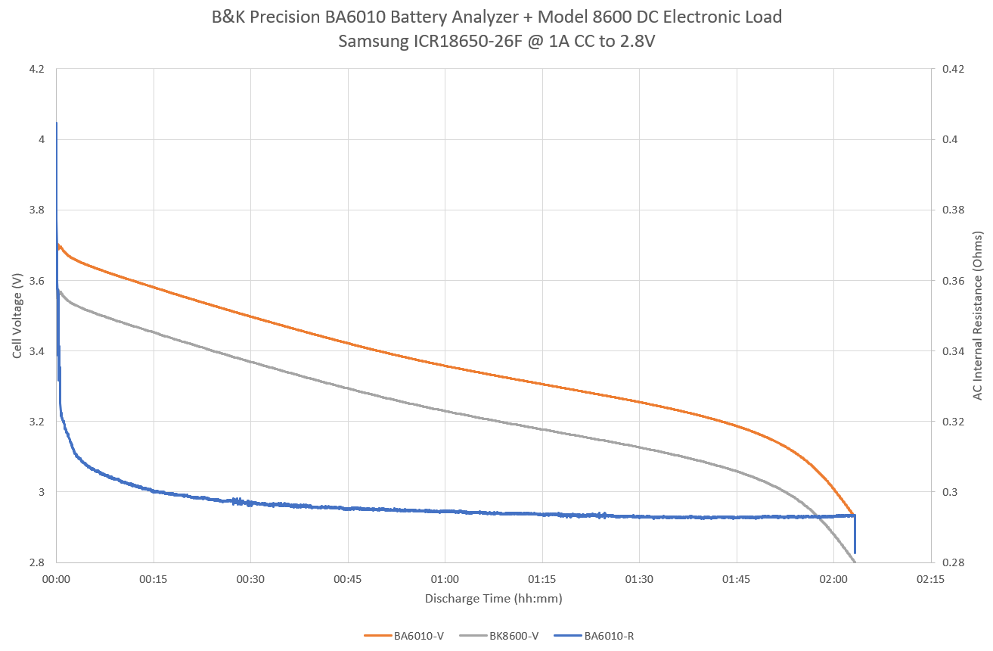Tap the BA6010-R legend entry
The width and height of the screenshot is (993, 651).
610,636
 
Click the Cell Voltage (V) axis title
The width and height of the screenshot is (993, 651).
17,316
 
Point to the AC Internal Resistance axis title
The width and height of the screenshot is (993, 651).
978,316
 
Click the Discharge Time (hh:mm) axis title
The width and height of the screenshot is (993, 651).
493,598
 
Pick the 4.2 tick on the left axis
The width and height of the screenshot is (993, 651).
36,69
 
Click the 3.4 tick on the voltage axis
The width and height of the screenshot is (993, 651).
36,351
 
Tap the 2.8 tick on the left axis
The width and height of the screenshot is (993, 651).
36,562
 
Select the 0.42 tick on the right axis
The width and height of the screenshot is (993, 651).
952,69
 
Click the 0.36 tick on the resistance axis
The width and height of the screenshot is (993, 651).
952,281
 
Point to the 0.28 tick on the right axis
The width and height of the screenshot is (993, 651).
952,562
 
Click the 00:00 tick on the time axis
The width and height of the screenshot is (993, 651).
57,579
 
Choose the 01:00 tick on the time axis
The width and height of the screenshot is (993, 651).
445,579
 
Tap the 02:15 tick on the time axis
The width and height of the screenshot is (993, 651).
929,579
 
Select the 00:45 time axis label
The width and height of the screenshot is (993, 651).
348,579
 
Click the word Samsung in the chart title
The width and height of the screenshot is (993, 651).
374,42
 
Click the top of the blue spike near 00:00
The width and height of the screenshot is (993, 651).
57,123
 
